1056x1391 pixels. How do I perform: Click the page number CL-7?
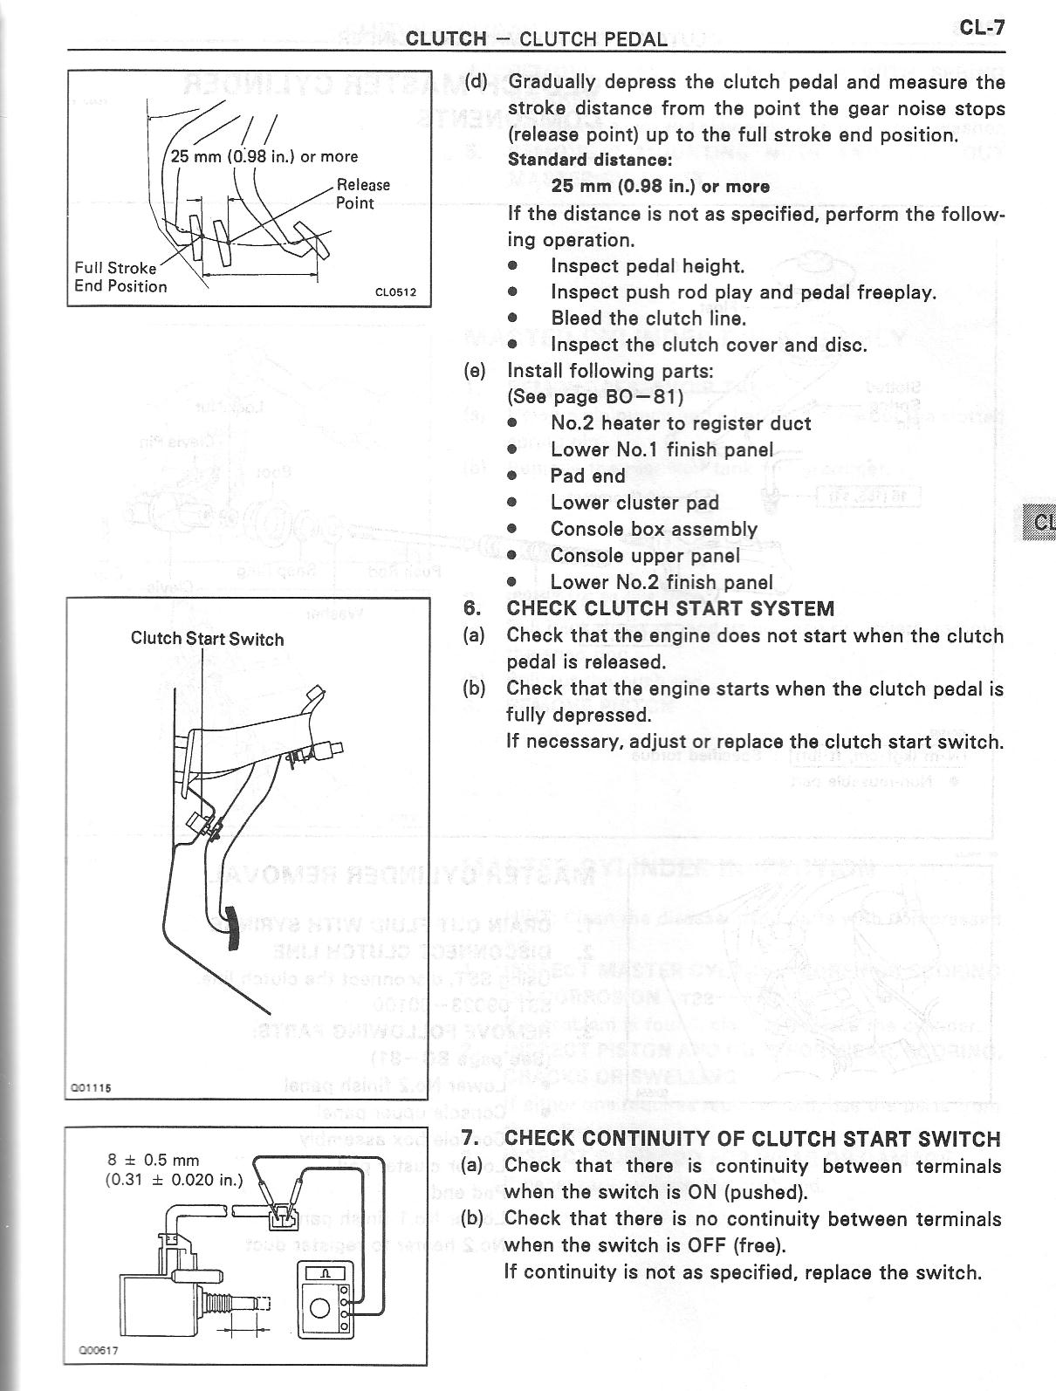point(982,27)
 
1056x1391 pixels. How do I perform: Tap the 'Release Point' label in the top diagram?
point(363,194)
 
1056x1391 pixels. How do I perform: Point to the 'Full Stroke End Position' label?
point(120,277)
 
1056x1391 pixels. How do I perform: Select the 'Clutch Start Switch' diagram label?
point(207,639)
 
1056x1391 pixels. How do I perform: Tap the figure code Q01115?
point(91,1087)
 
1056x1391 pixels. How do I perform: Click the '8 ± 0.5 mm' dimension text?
point(153,1160)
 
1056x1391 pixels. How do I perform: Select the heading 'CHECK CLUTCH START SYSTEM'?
point(669,608)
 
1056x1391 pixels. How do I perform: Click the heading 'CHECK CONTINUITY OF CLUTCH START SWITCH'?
point(752,1138)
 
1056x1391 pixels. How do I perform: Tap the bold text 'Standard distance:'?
point(590,160)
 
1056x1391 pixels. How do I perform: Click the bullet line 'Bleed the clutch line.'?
point(648,319)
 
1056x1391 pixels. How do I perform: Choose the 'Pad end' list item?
point(587,476)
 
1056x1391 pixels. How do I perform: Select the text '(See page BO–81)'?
point(590,397)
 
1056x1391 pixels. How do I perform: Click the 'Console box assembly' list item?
point(654,529)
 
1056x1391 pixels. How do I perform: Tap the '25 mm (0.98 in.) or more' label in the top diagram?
point(264,157)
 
